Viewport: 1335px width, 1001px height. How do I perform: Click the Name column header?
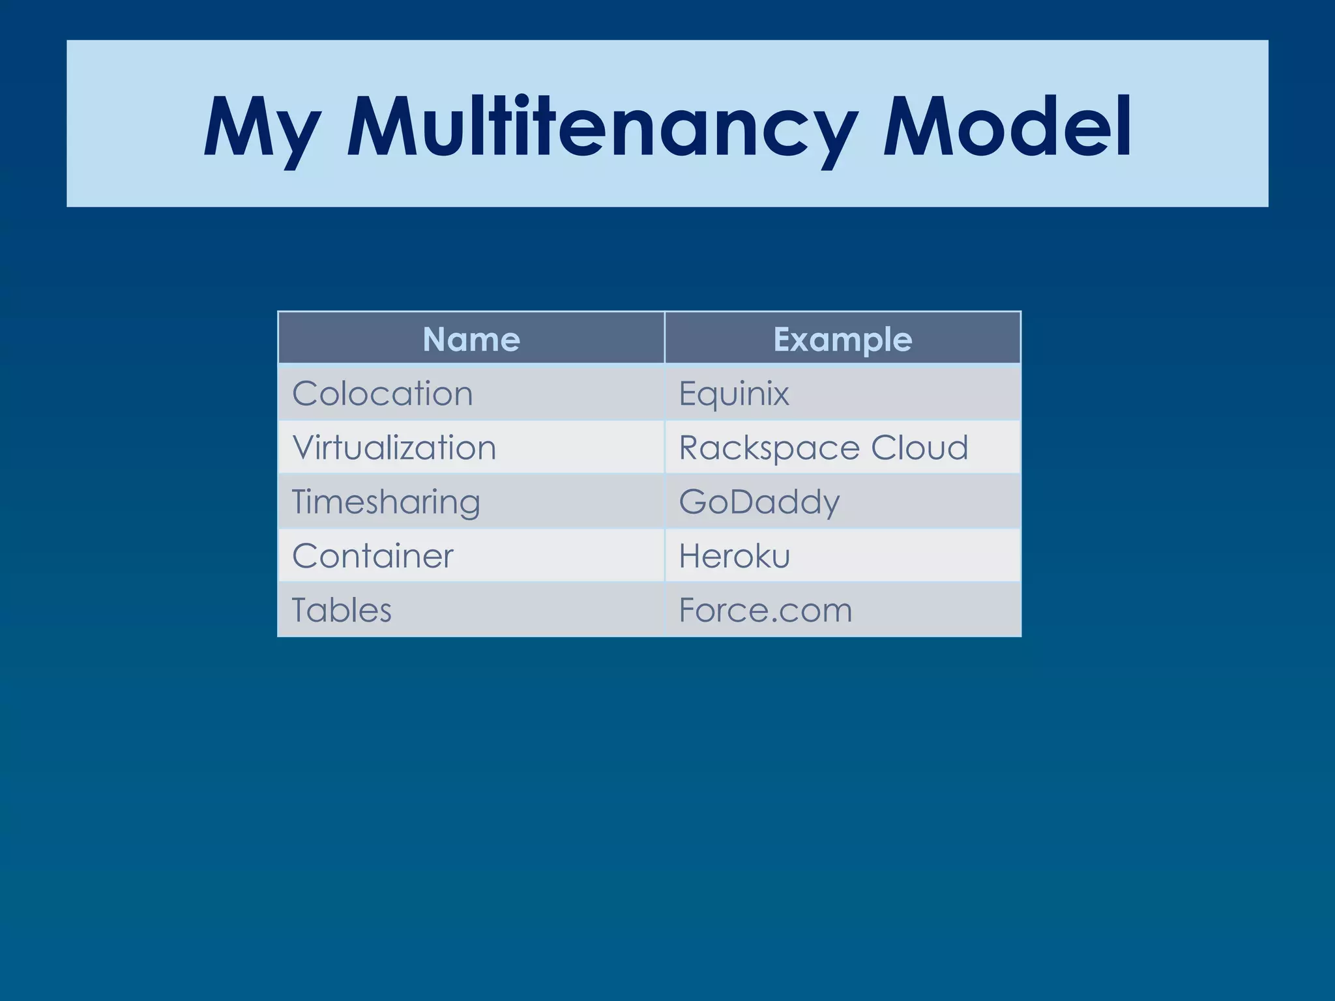coord(471,340)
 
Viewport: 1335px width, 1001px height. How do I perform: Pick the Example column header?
coord(842,340)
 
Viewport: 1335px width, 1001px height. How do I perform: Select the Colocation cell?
coord(383,394)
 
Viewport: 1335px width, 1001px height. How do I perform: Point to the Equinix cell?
coord(734,394)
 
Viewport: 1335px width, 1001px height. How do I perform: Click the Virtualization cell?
coord(394,448)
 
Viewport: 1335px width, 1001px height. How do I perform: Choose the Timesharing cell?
coord(386,502)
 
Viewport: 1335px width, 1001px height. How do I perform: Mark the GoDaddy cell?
coord(759,502)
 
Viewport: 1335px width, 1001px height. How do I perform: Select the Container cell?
coord(373,556)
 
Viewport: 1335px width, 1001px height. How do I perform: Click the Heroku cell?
coord(735,556)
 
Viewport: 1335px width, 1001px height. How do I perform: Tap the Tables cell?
coord(342,610)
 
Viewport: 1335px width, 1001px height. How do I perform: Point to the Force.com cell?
coord(766,610)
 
